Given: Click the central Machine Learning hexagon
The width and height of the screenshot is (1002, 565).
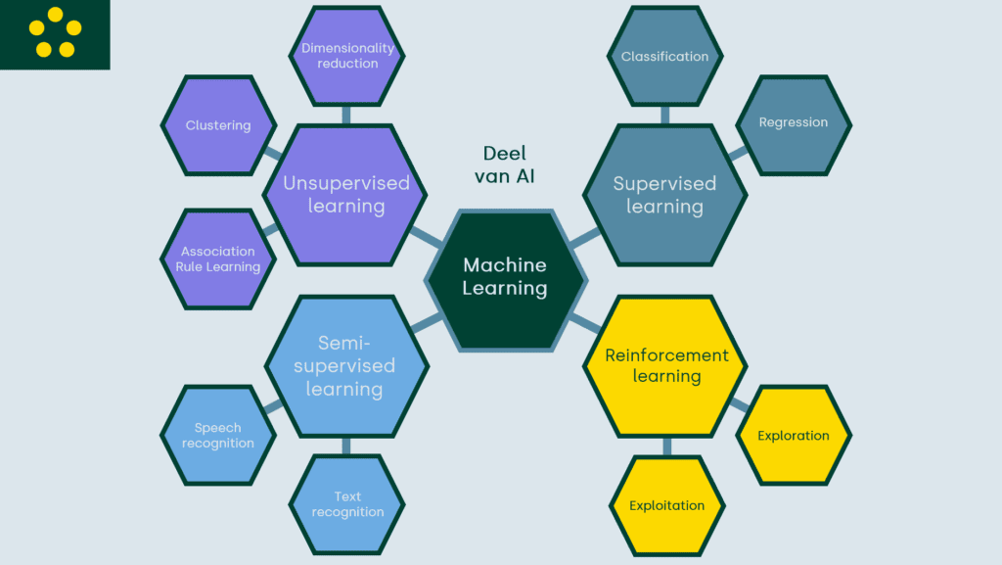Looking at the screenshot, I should click(x=505, y=278).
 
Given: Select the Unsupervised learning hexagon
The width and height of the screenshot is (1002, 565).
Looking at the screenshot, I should click(x=345, y=195).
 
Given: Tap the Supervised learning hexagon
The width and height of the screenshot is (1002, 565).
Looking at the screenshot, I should click(x=664, y=195).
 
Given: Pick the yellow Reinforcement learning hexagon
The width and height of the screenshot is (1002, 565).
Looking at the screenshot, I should click(x=665, y=365).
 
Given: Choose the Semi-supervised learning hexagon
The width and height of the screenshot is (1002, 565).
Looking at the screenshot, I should click(x=345, y=365).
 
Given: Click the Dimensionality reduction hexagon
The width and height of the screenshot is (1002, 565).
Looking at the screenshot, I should click(x=347, y=56).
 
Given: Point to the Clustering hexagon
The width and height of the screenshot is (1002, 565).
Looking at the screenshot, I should click(x=218, y=125).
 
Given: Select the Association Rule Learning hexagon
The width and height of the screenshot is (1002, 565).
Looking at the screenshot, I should click(x=218, y=259).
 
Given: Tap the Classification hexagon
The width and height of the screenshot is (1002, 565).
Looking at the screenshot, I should click(x=664, y=56).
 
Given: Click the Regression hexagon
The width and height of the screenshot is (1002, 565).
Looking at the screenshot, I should click(x=793, y=123).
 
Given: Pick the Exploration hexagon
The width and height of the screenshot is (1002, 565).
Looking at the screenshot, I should click(x=793, y=436).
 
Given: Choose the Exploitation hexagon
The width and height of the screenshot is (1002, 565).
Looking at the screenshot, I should click(x=666, y=506).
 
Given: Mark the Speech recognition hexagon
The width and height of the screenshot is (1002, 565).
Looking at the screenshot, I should click(x=218, y=436).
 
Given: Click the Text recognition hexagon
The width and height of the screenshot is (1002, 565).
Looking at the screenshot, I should click(x=347, y=504).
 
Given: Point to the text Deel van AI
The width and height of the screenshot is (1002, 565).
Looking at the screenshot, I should click(x=505, y=165).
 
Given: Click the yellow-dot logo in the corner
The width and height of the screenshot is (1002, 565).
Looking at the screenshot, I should click(x=55, y=34).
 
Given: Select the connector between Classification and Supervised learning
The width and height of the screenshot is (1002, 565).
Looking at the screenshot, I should click(x=665, y=115).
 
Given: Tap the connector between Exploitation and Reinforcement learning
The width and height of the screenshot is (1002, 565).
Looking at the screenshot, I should click(x=666, y=447).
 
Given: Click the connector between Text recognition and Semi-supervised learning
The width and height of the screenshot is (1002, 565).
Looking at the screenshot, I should click(x=346, y=447).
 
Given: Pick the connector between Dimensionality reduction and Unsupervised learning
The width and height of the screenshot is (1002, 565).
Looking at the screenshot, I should click(x=346, y=115).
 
